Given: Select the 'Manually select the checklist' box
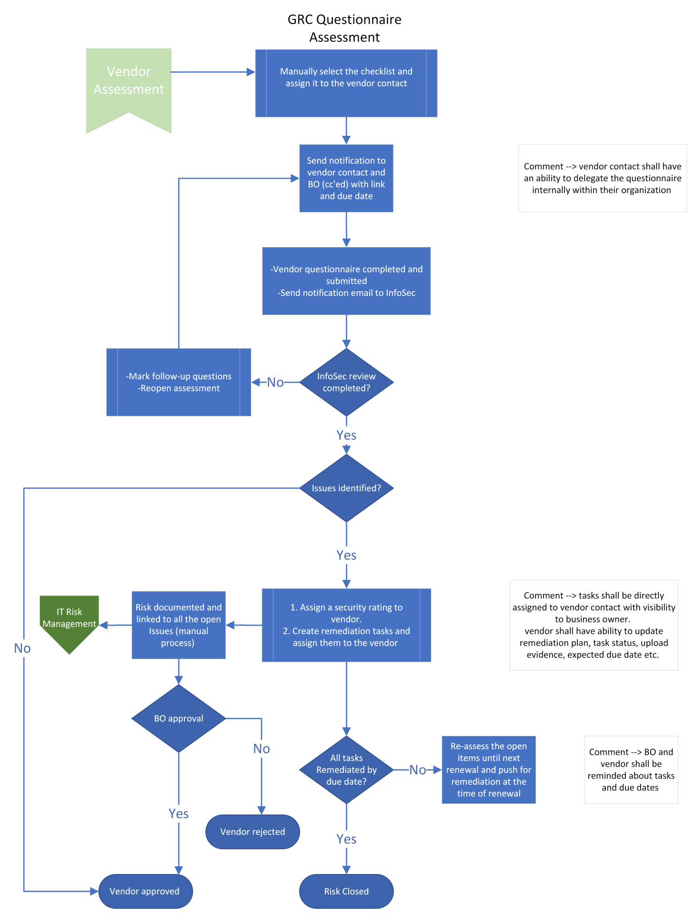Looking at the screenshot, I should (346, 83).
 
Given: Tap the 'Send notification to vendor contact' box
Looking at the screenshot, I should (346, 178).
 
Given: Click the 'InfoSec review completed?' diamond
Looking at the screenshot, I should (346, 382).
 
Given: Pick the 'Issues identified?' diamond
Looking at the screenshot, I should (346, 488).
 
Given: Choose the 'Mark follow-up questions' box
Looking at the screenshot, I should (178, 382).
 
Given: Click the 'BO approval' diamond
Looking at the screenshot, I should (178, 718).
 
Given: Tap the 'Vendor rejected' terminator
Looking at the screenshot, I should (252, 832).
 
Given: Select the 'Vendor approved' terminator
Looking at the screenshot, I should (145, 891).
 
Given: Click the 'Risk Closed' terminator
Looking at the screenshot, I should (346, 891).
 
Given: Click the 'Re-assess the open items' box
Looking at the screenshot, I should (488, 770).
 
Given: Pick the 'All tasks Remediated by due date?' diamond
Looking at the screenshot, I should (346, 770).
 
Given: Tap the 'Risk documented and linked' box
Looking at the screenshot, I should (178, 625).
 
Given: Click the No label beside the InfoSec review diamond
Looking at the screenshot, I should (275, 382).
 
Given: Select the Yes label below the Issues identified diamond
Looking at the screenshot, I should (346, 555).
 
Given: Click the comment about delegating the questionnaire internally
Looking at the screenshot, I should (602, 178).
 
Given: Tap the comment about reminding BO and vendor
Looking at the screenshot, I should (631, 770).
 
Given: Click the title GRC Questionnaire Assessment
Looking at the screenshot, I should (344, 28).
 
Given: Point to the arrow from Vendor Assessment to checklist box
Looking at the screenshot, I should (212, 72).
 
